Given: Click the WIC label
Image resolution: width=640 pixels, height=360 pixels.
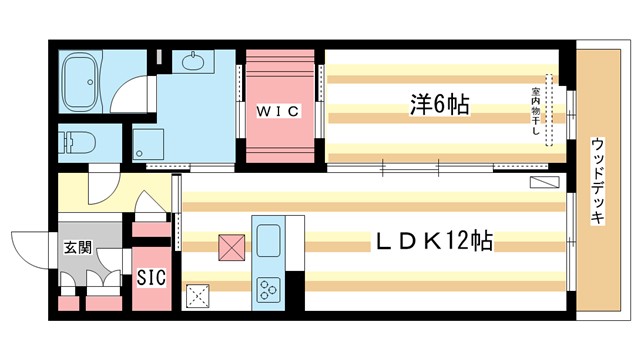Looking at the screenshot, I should tap(281, 111).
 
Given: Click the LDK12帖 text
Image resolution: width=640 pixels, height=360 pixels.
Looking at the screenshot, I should tap(433, 241).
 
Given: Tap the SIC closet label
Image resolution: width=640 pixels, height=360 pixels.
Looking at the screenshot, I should tap(151, 276).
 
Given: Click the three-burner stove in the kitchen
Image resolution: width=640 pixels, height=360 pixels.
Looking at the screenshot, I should tap(268, 290).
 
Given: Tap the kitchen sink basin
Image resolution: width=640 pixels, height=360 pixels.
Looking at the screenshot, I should tap(269, 241).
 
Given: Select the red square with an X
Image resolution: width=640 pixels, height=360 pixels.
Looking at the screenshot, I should tap(230, 246).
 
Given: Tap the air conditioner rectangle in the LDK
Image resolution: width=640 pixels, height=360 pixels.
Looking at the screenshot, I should tap(546, 182).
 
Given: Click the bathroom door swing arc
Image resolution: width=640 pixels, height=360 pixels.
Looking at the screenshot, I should tap(125, 95).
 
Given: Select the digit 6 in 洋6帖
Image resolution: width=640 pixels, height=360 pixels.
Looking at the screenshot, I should tap(437, 103).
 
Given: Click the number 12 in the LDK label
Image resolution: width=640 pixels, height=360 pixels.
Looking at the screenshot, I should tap(455, 241).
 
